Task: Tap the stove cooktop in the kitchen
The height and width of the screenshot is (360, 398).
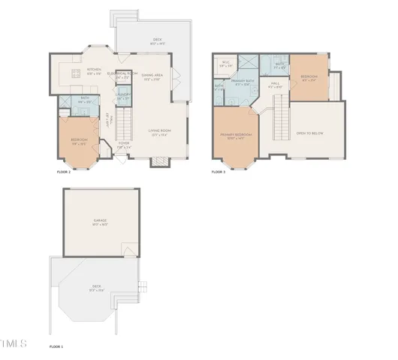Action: click(x=74, y=73)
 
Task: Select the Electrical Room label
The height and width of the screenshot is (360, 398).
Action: click(x=121, y=73)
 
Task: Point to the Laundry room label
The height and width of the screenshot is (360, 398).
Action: click(x=122, y=96)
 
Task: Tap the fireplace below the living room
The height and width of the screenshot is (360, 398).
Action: click(x=159, y=161)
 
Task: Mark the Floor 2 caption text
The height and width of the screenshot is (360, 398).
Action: click(x=64, y=172)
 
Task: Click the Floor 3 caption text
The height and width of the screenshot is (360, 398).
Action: click(x=218, y=172)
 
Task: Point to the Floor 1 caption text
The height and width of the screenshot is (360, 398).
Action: click(x=56, y=346)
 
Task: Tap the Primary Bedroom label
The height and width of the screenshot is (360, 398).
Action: click(x=236, y=136)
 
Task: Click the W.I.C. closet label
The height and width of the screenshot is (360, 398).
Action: click(x=225, y=63)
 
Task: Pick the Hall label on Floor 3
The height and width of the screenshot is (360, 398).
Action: click(x=275, y=84)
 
